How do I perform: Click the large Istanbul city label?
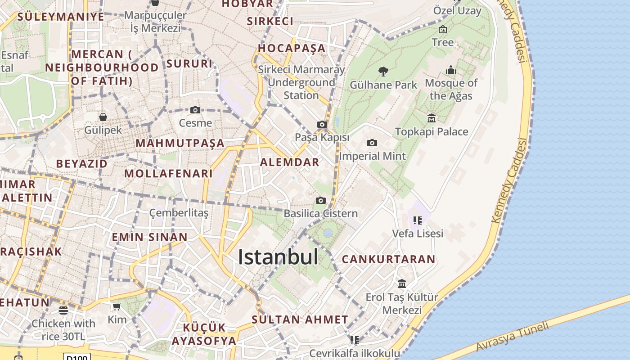click(x=278, y=257)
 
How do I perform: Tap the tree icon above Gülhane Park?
click(x=383, y=71)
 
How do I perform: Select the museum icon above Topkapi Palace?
click(x=432, y=118)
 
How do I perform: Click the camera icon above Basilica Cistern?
click(x=320, y=200)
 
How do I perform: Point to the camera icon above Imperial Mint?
click(x=372, y=143)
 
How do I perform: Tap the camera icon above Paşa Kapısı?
click(x=322, y=124)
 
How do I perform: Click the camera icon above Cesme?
click(x=195, y=110)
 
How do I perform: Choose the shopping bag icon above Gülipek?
click(x=103, y=117)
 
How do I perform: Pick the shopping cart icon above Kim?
click(x=117, y=307)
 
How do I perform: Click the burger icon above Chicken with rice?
click(x=63, y=310)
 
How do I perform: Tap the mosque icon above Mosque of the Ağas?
click(x=451, y=70)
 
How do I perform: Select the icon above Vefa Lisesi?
click(x=418, y=220)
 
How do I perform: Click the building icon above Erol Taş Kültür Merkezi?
click(x=402, y=284)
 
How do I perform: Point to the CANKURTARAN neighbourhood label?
click(x=388, y=259)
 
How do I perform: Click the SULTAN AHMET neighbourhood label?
click(x=300, y=320)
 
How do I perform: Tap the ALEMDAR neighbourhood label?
click(x=290, y=162)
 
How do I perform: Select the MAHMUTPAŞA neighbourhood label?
click(x=180, y=143)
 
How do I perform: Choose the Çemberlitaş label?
click(x=179, y=213)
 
